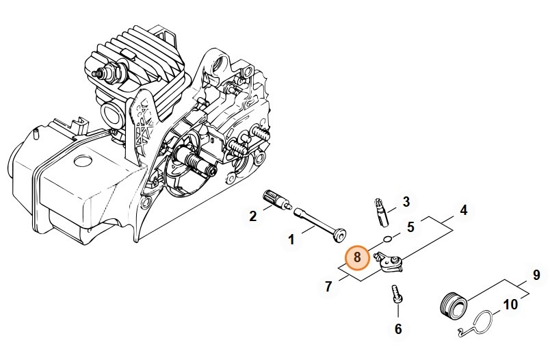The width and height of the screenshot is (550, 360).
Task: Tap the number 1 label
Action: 291,240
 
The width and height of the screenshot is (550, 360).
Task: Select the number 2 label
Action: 253,217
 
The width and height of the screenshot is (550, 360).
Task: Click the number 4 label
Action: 463,211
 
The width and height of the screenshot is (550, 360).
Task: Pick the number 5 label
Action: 410,227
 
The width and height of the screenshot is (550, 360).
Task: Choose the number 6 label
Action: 398,329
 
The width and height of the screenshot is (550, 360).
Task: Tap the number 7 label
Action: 328,286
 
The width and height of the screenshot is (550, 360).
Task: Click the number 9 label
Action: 536,276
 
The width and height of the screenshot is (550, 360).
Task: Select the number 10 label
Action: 510,305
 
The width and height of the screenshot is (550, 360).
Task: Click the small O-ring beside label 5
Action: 387,240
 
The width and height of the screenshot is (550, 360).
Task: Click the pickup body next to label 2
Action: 276,201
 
